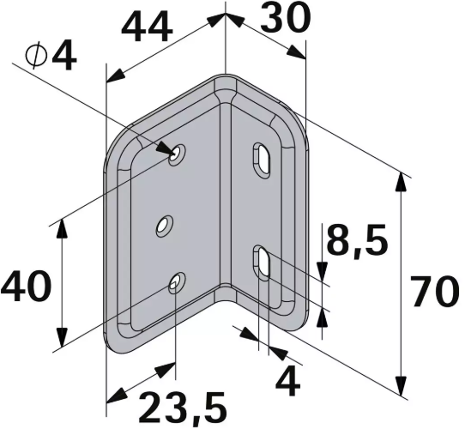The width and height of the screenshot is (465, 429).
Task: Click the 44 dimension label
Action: (x=147, y=28)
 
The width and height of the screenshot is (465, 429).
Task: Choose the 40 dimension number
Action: (x=26, y=286)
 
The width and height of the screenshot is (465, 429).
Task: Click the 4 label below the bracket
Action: (x=290, y=379)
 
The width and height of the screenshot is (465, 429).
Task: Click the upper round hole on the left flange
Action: (x=177, y=155)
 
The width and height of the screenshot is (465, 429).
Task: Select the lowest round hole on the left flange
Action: (x=177, y=283)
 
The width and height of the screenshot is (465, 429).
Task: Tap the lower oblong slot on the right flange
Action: (x=261, y=262)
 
